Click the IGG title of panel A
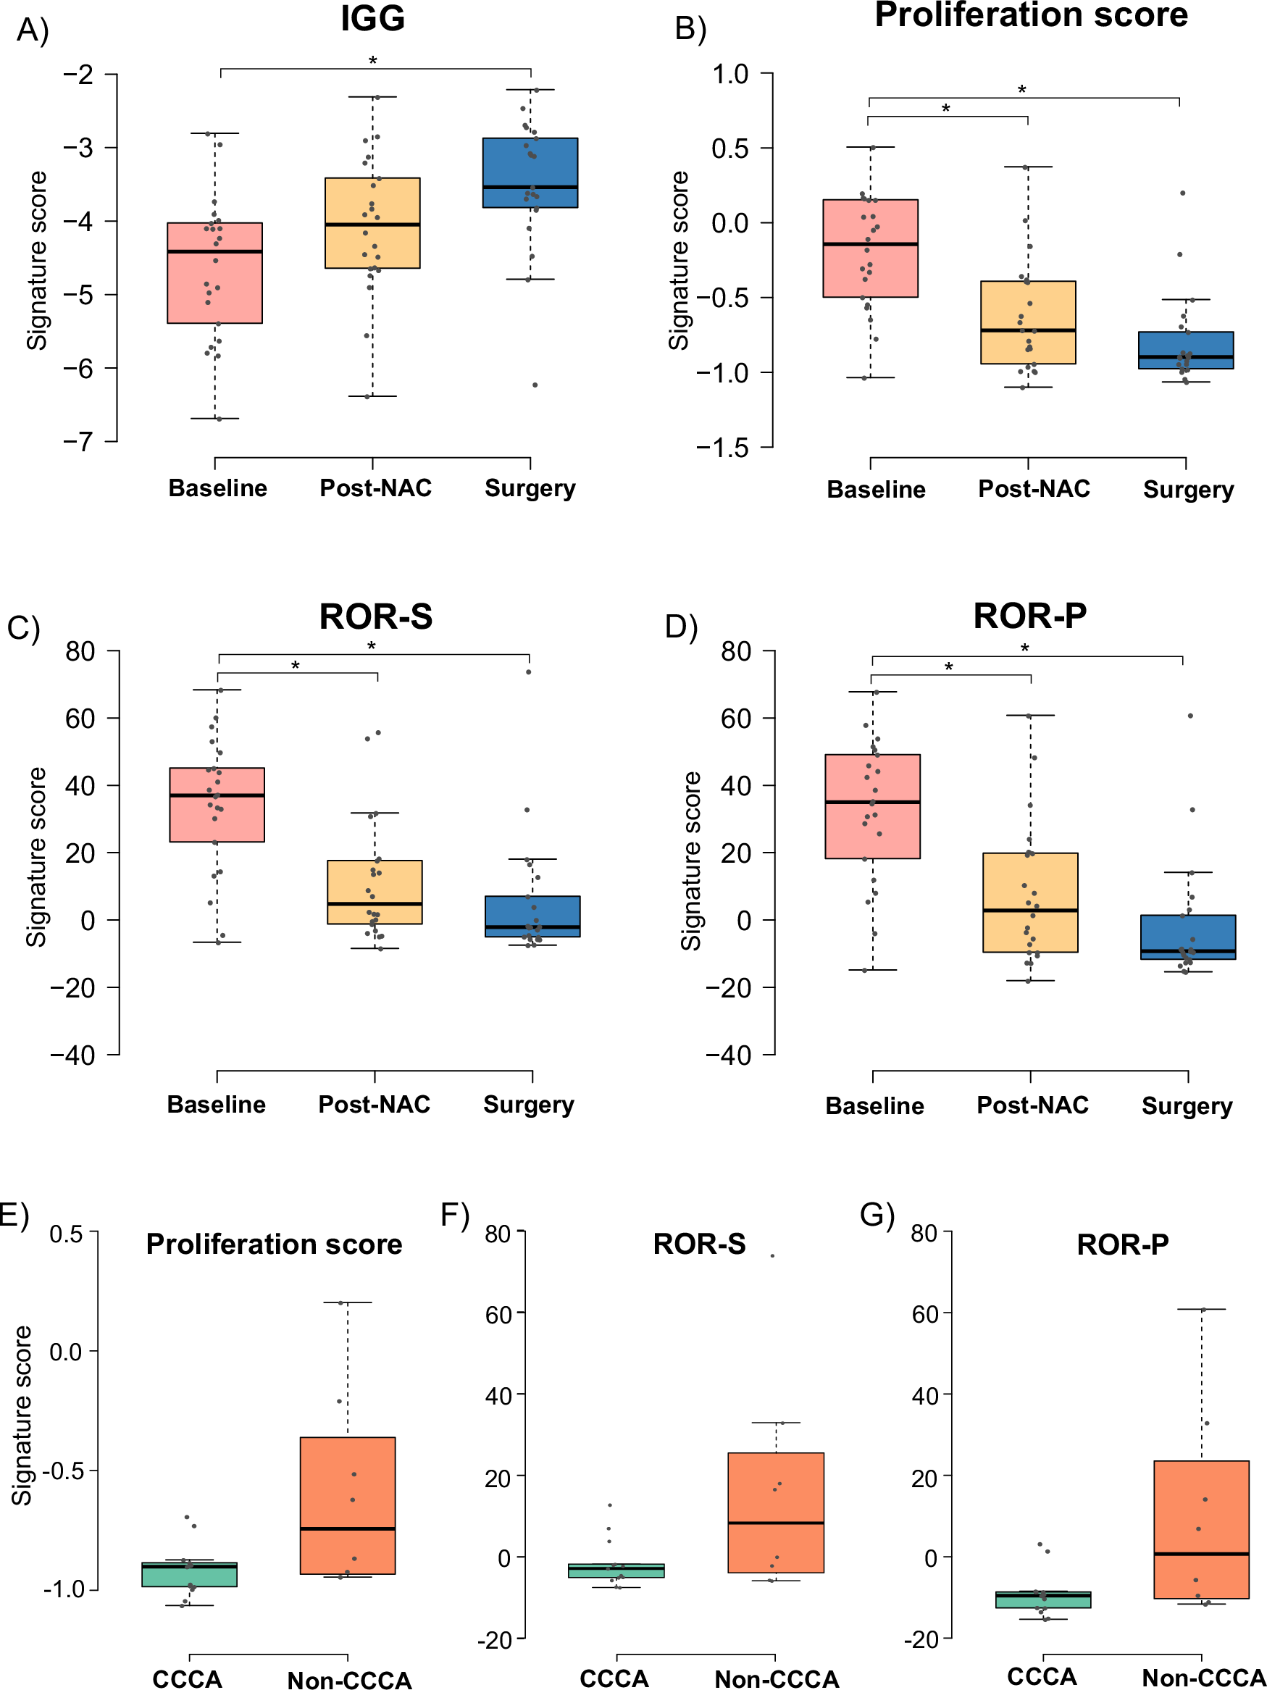372,18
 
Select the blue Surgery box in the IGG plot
530,172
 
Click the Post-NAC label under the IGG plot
375,488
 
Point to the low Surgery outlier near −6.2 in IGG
535,385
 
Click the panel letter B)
691,29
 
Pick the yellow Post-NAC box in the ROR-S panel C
375,892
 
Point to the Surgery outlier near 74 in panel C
528,672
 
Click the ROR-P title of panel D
1029,616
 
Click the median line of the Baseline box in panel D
872,802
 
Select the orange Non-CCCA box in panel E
348,1505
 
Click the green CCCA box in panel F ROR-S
616,1570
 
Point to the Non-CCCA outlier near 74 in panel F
772,1255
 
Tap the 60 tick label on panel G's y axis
924,1314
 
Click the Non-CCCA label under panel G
1203,1678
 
